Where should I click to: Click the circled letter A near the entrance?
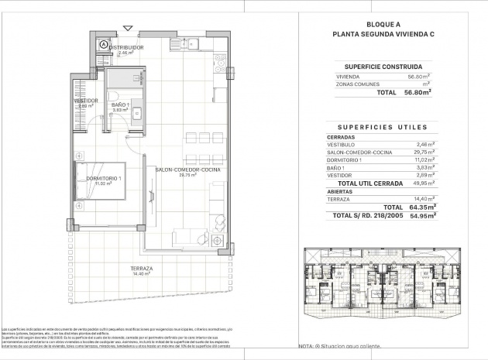click(x=103, y=45)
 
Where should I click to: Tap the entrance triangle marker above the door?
click(x=128, y=29)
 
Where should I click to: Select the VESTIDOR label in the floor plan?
click(x=86, y=101)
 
